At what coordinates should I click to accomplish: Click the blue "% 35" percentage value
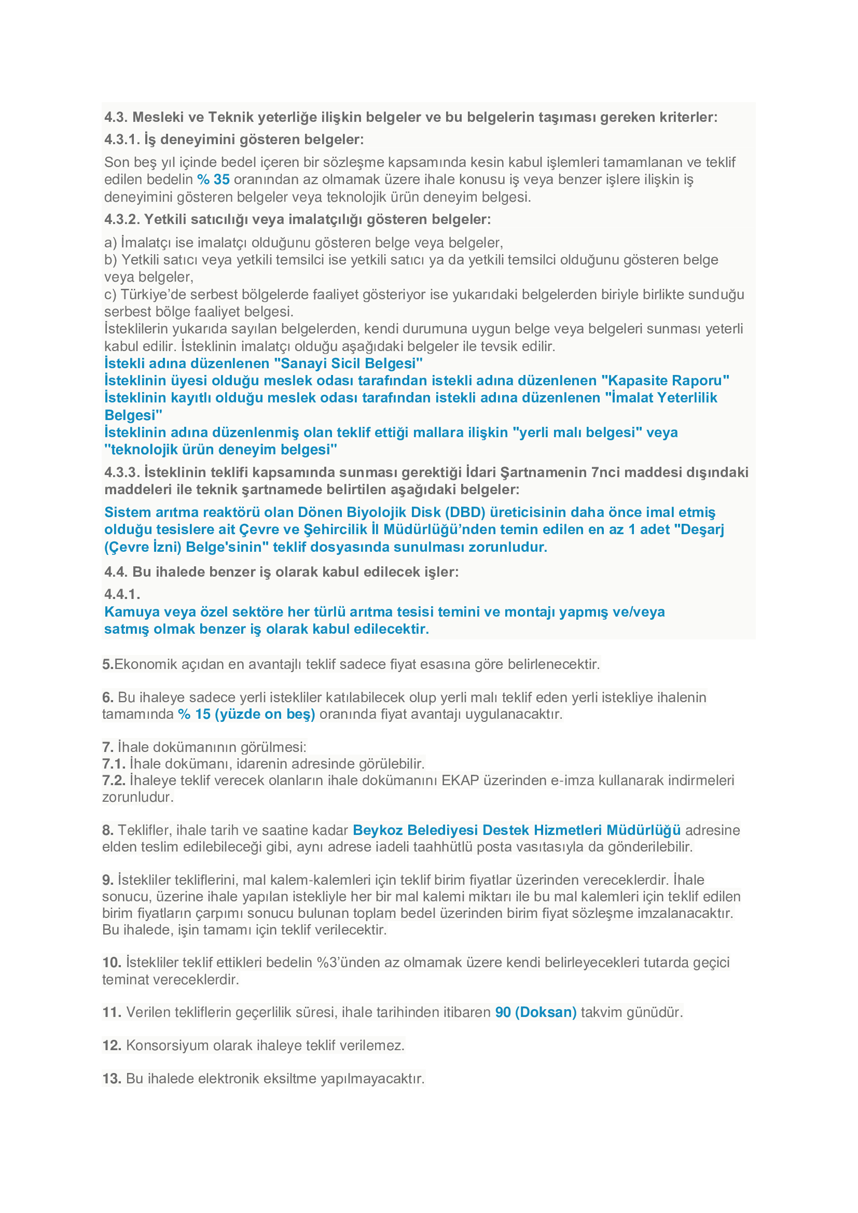(213, 179)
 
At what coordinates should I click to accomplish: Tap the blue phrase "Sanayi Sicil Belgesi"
(351, 364)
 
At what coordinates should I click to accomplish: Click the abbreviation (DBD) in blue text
(464, 512)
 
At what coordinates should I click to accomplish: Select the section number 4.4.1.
(122, 594)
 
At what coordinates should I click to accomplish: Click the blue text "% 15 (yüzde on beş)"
(246, 714)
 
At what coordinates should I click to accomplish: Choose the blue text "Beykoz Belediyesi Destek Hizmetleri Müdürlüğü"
(516, 830)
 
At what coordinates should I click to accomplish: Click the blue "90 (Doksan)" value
(535, 1012)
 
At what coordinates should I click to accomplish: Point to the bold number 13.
(112, 1078)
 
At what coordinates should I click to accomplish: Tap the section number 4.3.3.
(122, 472)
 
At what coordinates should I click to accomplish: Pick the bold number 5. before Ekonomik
(108, 664)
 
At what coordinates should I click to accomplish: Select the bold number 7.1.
(114, 763)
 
